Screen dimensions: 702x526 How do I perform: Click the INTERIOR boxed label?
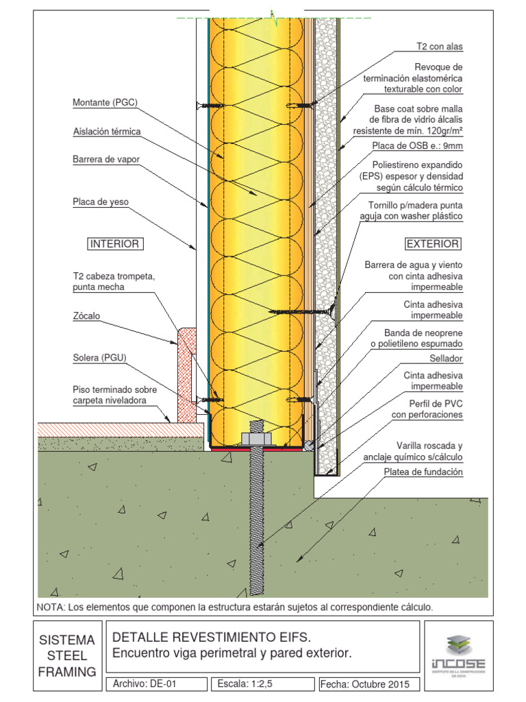115,244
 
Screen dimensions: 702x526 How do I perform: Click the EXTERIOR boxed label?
433,244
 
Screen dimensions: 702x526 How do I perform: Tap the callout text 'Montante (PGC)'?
105,104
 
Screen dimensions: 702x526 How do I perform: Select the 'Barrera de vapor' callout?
106,160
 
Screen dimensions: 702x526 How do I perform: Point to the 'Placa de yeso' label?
101,202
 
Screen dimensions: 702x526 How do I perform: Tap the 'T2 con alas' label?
440,47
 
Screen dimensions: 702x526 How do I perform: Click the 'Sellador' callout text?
446,359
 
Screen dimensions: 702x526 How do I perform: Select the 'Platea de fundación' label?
423,472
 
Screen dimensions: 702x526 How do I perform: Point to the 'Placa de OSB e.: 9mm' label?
418,146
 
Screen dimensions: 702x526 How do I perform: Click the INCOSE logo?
458,654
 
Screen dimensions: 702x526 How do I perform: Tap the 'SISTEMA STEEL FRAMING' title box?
67,655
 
